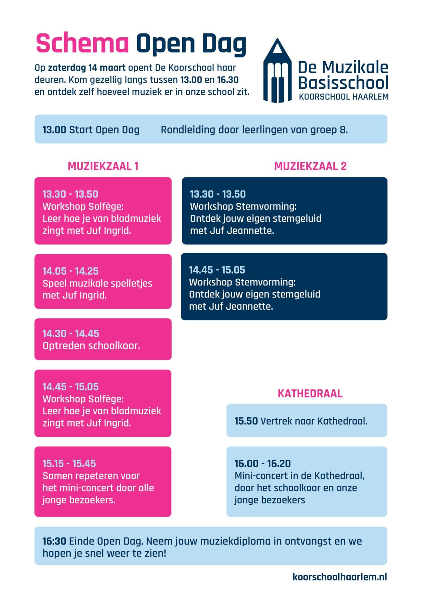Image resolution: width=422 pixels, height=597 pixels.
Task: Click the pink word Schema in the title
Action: [x=82, y=44]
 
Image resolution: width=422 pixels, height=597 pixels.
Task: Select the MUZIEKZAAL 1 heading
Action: [x=103, y=166]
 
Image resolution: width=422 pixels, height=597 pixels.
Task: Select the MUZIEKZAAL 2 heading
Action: [x=310, y=166]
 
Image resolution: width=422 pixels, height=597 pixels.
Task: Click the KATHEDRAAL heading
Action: [x=310, y=394]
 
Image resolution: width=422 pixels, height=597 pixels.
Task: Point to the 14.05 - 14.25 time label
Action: [x=70, y=271]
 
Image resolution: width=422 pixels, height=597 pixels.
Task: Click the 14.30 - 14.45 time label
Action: [x=71, y=334]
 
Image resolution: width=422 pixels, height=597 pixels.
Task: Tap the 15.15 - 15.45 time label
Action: [x=69, y=464]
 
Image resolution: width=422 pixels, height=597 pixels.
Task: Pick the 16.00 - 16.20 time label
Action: [x=262, y=464]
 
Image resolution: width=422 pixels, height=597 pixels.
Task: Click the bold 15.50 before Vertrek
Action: [x=246, y=421]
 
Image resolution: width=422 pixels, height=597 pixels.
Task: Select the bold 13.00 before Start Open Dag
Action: [x=54, y=130]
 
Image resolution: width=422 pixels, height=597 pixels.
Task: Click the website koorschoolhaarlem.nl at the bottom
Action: [x=339, y=577]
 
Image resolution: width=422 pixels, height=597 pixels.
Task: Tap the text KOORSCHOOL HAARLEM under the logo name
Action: [x=344, y=96]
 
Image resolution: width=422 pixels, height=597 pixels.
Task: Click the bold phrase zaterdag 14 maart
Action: [x=87, y=68]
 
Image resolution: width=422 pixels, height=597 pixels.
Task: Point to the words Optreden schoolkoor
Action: [x=91, y=346]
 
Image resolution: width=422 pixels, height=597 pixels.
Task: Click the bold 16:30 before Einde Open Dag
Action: [x=55, y=541]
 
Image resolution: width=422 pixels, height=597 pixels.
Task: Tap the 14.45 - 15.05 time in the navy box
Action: [x=217, y=270]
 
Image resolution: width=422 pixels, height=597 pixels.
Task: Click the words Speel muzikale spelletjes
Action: [x=97, y=283]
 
